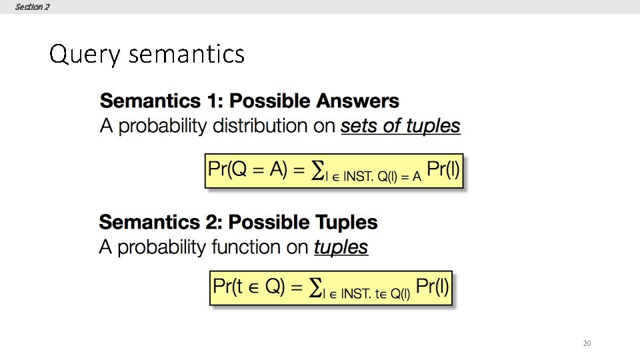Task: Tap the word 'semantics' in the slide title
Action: pyautogui.click(x=186, y=54)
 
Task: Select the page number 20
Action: pyautogui.click(x=587, y=343)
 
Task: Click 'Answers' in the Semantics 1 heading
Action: pyautogui.click(x=358, y=101)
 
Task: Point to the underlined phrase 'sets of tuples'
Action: pyautogui.click(x=400, y=125)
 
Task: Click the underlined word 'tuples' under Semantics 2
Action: pyautogui.click(x=341, y=247)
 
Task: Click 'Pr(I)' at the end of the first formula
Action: pyautogui.click(x=442, y=169)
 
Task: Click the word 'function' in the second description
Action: pyautogui.click(x=246, y=247)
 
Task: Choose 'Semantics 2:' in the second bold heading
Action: pyautogui.click(x=161, y=222)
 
